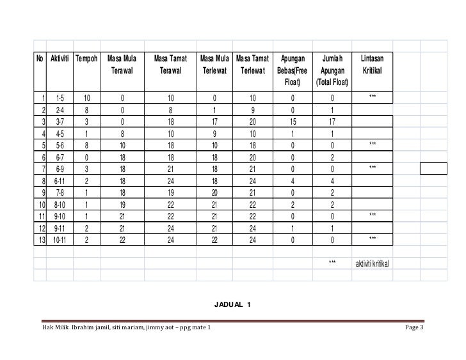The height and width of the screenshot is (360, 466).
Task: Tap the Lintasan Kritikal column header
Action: click(x=373, y=65)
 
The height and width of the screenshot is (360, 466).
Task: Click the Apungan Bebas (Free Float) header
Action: click(x=292, y=70)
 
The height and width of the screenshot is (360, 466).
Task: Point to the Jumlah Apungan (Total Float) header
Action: click(x=332, y=70)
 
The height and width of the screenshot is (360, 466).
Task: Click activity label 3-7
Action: click(x=60, y=121)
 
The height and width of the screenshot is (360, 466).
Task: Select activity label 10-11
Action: click(x=60, y=240)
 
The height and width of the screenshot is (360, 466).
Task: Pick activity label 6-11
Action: click(x=60, y=181)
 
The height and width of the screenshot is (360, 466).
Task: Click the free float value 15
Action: click(x=292, y=121)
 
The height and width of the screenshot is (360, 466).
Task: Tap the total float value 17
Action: click(x=332, y=121)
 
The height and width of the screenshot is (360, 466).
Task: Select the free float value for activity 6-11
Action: click(x=292, y=181)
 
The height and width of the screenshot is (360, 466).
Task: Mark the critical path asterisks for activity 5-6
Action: click(x=373, y=145)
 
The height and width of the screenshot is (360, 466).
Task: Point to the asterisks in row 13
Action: click(x=373, y=239)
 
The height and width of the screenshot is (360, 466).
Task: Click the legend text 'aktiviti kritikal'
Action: click(x=373, y=264)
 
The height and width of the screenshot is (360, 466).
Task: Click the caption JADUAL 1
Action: click(x=233, y=303)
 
